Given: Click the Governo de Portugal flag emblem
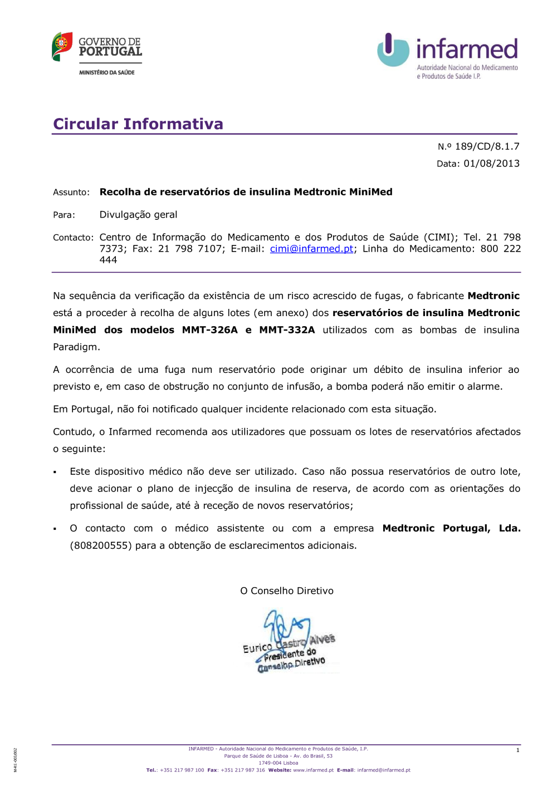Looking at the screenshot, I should (62, 46).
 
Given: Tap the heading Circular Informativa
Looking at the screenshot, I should (138, 124).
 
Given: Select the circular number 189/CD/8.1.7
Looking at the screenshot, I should (487, 146).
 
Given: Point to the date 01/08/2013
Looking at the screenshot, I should (491, 164).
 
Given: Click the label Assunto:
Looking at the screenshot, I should (71, 193).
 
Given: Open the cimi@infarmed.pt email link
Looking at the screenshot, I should (311, 249).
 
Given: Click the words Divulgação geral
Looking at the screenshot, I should (138, 215).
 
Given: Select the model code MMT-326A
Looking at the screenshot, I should (209, 330).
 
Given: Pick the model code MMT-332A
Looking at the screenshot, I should (287, 330).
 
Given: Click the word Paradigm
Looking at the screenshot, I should (76, 347).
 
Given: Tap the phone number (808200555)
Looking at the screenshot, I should (101, 545).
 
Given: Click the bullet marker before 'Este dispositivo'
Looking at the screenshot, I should (55, 473).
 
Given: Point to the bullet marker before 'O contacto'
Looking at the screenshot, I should (55, 529).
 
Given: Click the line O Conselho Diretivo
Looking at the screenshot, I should (287, 591).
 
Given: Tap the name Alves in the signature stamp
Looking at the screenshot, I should (322, 639).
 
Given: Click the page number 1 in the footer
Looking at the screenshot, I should (517, 750).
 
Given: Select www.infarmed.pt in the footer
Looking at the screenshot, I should (313, 770).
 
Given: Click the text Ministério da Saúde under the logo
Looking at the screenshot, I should (107, 72).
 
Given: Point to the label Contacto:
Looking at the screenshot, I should (73, 238).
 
